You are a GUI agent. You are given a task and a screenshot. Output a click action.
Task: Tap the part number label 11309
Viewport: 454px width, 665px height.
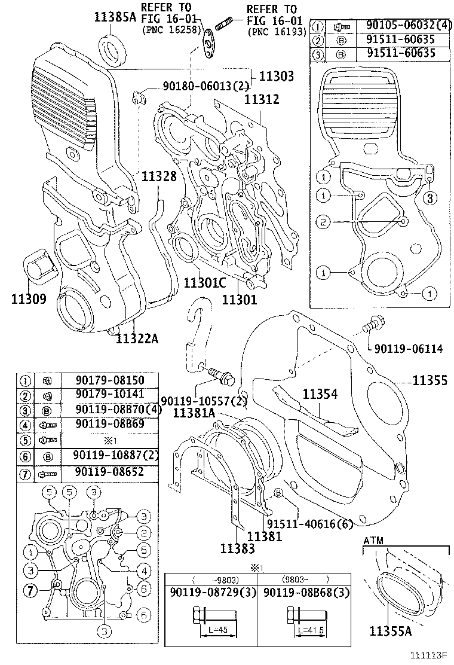click(28, 298)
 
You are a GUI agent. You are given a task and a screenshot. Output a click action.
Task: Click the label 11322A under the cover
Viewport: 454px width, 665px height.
click(137, 339)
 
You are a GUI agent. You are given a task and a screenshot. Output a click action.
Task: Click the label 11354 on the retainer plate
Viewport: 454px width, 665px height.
click(320, 394)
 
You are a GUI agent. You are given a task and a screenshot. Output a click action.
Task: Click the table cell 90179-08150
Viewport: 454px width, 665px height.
click(109, 380)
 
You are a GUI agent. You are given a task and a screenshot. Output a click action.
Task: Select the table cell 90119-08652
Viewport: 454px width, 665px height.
click(109, 473)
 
